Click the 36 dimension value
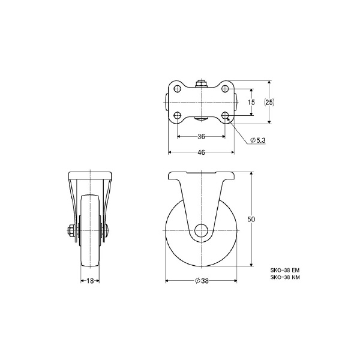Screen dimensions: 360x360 [x=201, y=137]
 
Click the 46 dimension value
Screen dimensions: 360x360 [x=201, y=152]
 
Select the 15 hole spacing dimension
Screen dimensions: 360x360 [x=251, y=102]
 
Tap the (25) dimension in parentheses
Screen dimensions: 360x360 [x=269, y=102]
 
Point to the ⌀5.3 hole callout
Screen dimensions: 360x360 [x=258, y=140]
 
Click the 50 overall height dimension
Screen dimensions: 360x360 [x=251, y=220]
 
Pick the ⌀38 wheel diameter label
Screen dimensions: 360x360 [x=202, y=281]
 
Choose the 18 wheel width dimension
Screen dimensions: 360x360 [x=90, y=281]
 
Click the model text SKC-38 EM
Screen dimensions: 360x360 [x=285, y=270]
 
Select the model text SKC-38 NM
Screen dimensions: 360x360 [x=285, y=277]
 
